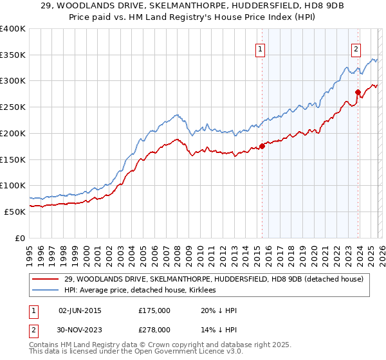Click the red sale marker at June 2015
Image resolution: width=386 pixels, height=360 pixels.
point(262,146)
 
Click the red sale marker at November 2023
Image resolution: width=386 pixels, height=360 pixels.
point(358,92)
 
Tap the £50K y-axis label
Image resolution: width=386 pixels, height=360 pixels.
point(15,212)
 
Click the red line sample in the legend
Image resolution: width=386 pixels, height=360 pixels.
point(46,279)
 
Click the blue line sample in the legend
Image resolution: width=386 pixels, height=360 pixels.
point(46,290)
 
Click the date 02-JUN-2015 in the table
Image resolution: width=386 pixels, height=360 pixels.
point(80,310)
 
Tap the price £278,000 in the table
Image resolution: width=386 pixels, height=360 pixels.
point(154,329)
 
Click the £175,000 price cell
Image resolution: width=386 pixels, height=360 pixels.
point(154,310)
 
